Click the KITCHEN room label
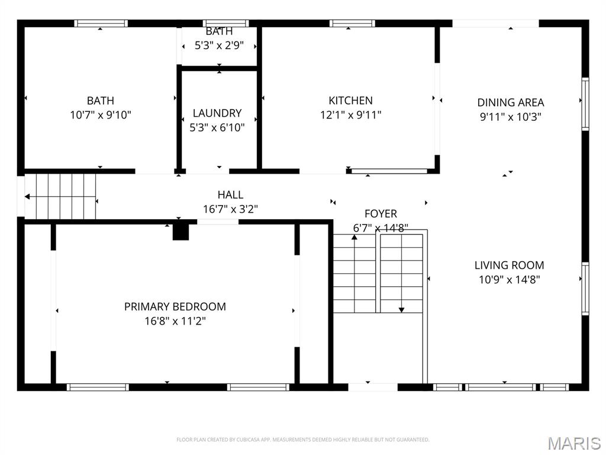(x=350, y=101)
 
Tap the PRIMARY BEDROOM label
(x=175, y=307)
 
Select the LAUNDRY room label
(x=217, y=113)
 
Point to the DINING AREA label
(x=510, y=102)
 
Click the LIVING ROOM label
(x=509, y=265)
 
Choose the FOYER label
(x=380, y=214)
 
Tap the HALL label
(x=230, y=195)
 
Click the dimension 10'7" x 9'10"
(x=101, y=115)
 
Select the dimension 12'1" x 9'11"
(x=350, y=115)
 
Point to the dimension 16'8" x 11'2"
(x=175, y=321)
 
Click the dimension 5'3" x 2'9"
(x=219, y=44)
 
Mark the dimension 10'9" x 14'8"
(x=509, y=280)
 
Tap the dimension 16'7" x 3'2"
(x=230, y=209)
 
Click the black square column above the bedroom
(x=180, y=232)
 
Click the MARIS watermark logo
(x=573, y=443)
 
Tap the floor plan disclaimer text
(x=302, y=440)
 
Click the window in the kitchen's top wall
(x=352, y=24)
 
